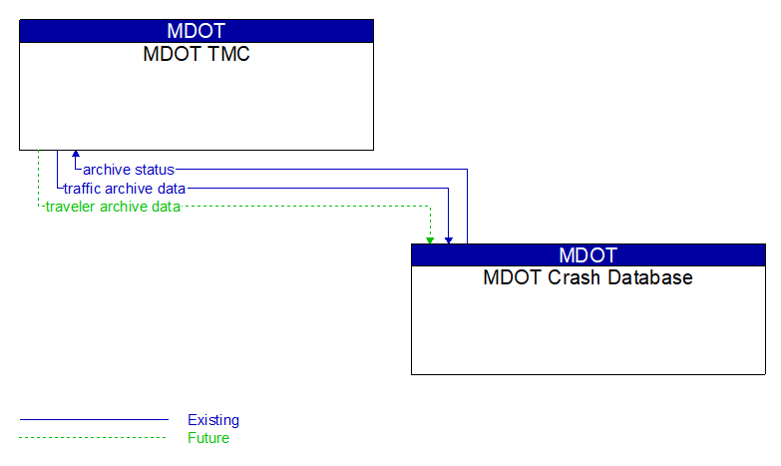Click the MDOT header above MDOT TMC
196,31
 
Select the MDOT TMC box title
196,55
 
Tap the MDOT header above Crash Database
588,254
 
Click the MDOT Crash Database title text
588,278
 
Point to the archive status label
129,170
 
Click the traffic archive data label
125,189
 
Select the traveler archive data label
113,208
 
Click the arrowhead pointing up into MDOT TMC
76,156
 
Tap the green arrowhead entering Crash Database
430,239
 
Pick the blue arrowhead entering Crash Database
449,239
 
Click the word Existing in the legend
213,420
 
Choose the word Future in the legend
208,438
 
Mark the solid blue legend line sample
94,420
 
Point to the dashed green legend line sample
94,438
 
